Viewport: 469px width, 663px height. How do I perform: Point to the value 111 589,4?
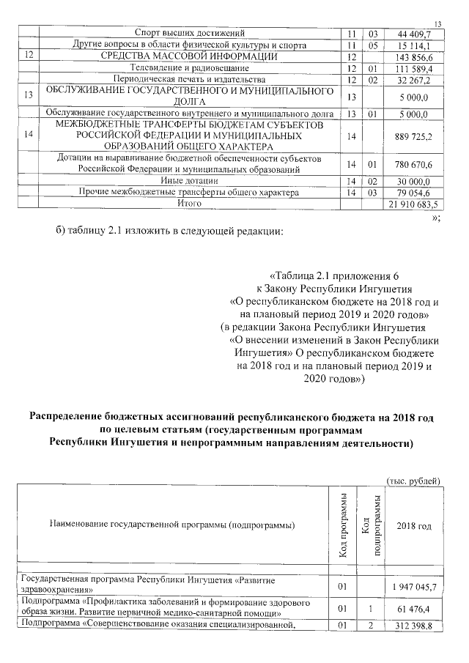[x=413, y=68]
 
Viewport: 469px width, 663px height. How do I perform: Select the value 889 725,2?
[x=413, y=136]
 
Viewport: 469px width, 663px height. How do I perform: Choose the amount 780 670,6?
[x=413, y=164]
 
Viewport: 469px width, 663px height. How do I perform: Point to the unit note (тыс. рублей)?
[x=413, y=481]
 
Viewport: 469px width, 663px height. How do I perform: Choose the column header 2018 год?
[x=413, y=526]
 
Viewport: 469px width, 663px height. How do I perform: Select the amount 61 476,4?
[x=415, y=608]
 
